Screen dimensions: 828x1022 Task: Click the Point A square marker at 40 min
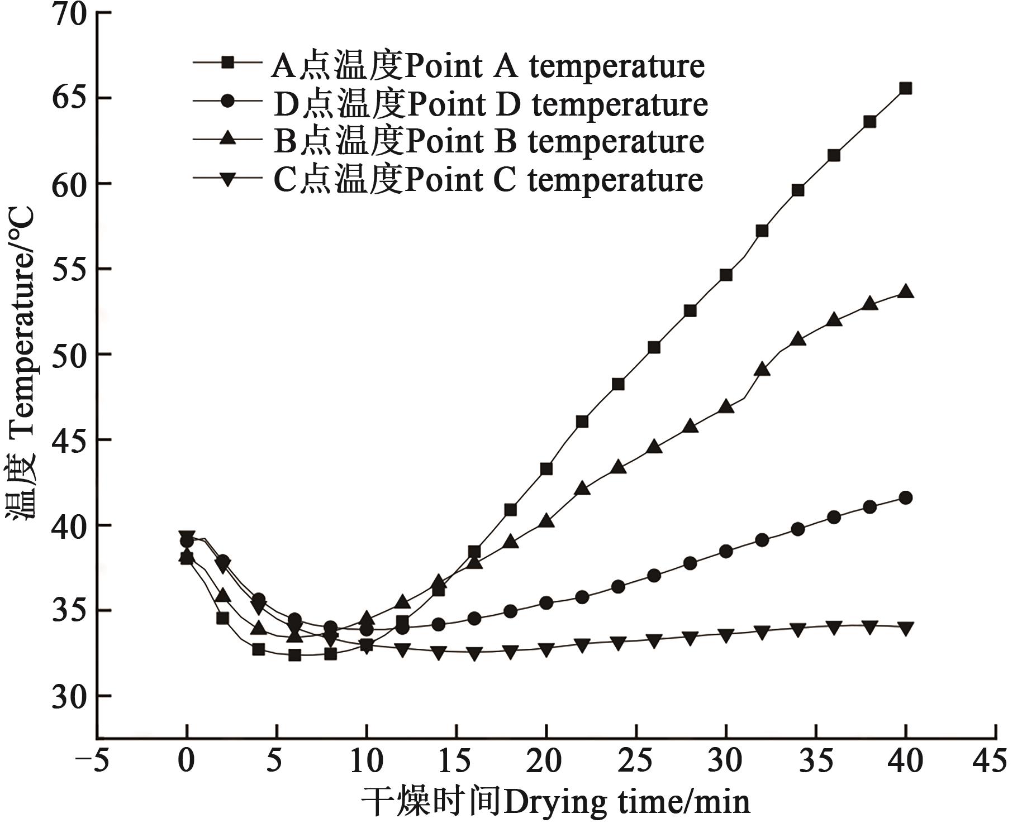[906, 88]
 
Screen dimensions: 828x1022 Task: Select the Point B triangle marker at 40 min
[906, 292]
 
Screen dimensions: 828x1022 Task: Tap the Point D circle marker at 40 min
[906, 497]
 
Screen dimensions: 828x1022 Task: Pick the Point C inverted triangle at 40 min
[906, 628]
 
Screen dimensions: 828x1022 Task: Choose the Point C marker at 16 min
[474, 653]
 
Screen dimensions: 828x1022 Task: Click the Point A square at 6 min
[294, 655]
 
